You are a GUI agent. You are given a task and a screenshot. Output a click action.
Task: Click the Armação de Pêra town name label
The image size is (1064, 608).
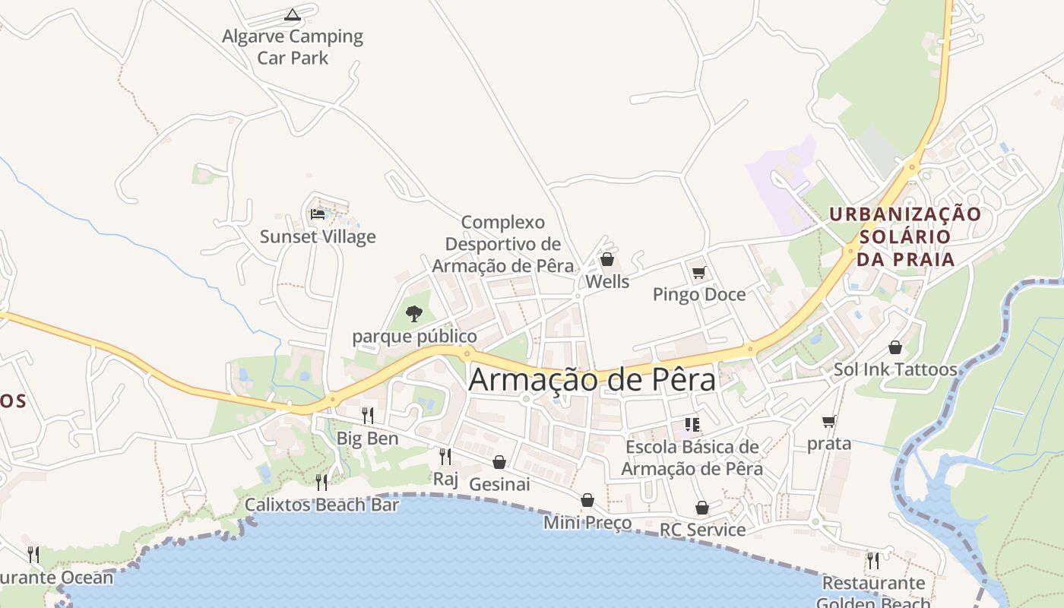pos(592,379)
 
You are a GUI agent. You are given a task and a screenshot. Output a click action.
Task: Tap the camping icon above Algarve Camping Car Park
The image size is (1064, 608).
pos(293,14)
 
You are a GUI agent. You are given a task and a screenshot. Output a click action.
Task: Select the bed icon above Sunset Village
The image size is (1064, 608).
pos(318,214)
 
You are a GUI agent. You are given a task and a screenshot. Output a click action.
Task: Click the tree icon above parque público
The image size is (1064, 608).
pos(414,313)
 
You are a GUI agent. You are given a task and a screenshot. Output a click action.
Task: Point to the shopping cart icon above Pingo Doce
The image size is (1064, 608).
pos(699,272)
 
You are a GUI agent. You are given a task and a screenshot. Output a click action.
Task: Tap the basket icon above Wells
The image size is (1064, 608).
pos(607,260)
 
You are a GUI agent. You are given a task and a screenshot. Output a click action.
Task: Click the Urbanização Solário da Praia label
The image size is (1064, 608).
pos(905,236)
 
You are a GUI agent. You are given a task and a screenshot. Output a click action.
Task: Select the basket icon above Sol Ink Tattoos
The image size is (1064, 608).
pos(895,347)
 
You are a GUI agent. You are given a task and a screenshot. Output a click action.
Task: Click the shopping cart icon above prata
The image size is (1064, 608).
pos(829,421)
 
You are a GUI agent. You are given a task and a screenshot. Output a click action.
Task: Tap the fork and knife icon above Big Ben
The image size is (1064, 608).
pos(368,415)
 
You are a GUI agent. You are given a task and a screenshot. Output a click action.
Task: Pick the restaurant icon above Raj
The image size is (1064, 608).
pos(445,456)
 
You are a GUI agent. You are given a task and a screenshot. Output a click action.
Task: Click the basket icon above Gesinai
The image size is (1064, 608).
pos(499,462)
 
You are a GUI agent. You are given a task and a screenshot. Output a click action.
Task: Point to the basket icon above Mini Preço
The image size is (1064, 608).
pos(587,500)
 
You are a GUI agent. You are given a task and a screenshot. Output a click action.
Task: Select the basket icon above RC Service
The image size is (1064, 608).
pos(702,507)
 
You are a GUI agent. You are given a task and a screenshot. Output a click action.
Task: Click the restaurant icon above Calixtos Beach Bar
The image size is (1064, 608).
pos(321,482)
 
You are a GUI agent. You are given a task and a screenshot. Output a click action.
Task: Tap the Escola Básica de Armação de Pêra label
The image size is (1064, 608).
pos(692,458)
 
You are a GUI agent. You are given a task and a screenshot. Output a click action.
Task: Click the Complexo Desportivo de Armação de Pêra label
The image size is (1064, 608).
pos(503,244)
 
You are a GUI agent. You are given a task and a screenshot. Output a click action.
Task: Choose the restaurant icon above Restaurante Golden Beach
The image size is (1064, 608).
pos(873,561)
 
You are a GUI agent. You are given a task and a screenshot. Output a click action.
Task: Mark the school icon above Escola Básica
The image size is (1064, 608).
pos(692,424)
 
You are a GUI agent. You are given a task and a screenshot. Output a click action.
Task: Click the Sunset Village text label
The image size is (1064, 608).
pos(318,236)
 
